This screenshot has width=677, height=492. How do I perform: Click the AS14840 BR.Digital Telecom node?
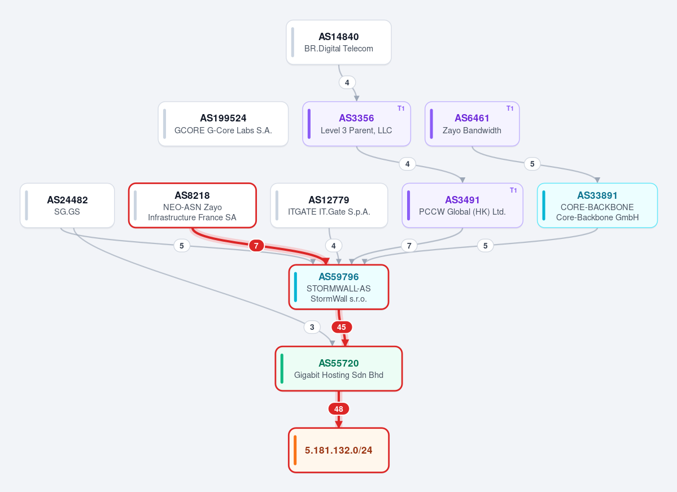339,42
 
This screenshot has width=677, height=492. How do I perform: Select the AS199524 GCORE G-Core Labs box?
223,124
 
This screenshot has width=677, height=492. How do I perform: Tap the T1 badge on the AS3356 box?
401,108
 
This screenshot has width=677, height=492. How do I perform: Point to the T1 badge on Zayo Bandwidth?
510,108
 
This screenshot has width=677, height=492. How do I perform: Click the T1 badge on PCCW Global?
513,190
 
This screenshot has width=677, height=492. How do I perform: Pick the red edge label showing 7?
256,246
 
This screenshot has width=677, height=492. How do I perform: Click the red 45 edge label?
342,327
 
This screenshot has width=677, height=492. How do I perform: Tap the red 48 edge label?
339,408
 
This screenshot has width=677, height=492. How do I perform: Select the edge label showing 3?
312,327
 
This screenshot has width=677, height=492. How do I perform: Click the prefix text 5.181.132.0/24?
339,450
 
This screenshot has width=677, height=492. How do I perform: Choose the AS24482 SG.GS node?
67,205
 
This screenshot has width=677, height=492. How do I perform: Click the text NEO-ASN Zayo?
193,207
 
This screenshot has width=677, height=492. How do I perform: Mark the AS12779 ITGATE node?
329,205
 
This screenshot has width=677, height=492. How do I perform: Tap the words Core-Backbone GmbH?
597,217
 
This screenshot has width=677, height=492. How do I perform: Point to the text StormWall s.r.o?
339,299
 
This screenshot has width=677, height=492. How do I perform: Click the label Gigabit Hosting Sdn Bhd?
339,375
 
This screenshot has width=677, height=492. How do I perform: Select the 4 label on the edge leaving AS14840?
347,82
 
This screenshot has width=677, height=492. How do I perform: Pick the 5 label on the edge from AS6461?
532,164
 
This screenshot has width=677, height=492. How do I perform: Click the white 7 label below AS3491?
409,246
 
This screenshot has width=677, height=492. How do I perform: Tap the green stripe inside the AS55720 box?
282,369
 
